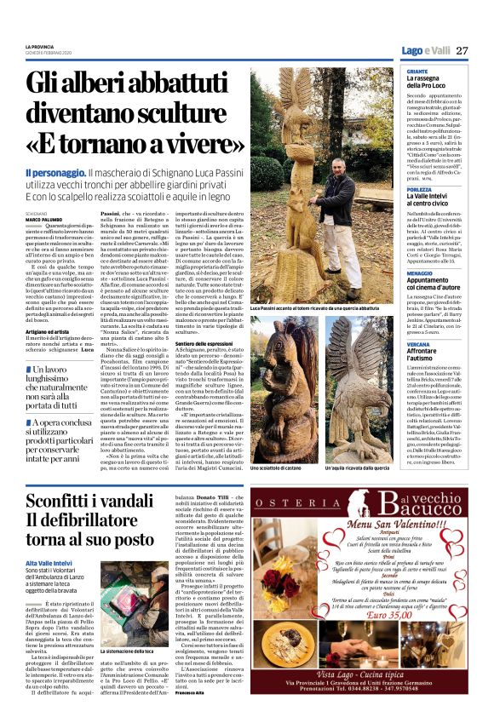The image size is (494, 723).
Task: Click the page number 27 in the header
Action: click(462, 51)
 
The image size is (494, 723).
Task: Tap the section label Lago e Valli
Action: click(426, 51)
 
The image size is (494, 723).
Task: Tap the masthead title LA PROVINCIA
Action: click(40, 46)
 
